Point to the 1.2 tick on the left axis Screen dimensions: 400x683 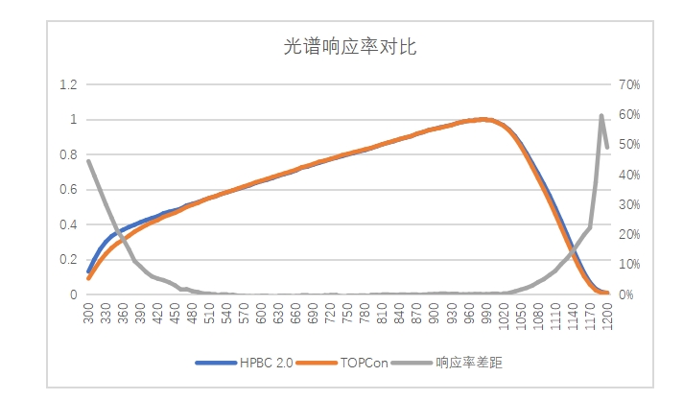(x=67, y=84)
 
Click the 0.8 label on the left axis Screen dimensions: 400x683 (x=67, y=154)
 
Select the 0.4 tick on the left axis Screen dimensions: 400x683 (x=67, y=224)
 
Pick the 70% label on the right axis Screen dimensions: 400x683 (x=629, y=84)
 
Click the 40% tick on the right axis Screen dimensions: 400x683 (x=629, y=175)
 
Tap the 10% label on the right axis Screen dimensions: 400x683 (x=629, y=265)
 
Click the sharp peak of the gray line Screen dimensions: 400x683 (x=601, y=115)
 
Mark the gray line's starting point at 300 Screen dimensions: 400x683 (x=88, y=160)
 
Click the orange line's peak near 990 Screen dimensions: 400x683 (x=484, y=120)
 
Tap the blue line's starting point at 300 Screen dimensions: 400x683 (x=88, y=272)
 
